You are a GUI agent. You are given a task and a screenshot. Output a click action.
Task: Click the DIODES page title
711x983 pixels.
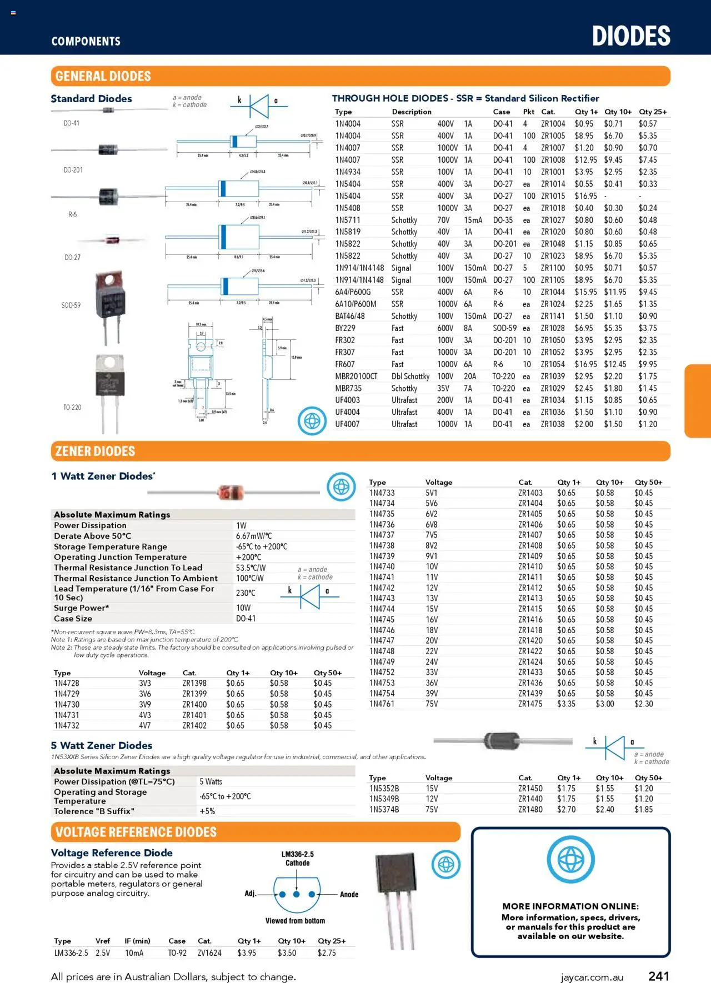pyautogui.click(x=631, y=36)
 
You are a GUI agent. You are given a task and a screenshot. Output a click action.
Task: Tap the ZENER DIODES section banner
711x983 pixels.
pyautogui.click(x=95, y=451)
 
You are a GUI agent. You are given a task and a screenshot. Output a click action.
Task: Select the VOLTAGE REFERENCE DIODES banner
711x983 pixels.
pyautogui.click(x=136, y=832)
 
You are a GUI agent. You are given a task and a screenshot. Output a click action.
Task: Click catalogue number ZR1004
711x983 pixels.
pyautogui.click(x=553, y=124)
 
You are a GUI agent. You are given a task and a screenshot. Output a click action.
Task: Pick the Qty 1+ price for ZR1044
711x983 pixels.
pyautogui.click(x=586, y=292)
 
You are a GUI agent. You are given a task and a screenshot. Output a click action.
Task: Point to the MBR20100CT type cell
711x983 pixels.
pyautogui.click(x=356, y=377)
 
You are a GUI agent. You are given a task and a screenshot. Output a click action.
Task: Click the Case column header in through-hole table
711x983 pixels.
pyautogui.click(x=501, y=112)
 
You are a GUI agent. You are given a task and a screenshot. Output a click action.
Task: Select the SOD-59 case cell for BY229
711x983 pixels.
pyautogui.click(x=504, y=328)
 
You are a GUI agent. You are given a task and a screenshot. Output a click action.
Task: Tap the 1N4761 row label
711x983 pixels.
pyautogui.click(x=382, y=704)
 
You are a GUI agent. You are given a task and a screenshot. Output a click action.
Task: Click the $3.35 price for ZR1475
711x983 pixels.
pyautogui.click(x=566, y=704)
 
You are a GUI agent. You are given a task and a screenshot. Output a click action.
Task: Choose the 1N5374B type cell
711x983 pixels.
pyautogui.click(x=384, y=810)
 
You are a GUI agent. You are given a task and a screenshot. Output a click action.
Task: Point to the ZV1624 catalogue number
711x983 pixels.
pyautogui.click(x=209, y=953)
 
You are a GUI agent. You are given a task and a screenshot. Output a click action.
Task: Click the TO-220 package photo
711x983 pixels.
pyautogui.click(x=109, y=392)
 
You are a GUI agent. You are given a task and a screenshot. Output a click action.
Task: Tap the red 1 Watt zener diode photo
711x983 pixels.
pyautogui.click(x=231, y=492)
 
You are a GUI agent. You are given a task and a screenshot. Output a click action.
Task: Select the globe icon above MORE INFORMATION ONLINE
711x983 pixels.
pyautogui.click(x=570, y=860)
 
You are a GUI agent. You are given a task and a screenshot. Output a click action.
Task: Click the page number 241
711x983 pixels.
pyautogui.click(x=659, y=976)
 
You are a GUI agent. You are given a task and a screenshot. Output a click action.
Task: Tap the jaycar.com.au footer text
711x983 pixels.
pyautogui.click(x=592, y=977)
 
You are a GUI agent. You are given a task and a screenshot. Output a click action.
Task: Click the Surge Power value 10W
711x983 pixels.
pyautogui.click(x=243, y=608)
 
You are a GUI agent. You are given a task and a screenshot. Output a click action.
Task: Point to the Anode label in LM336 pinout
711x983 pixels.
pyautogui.click(x=349, y=894)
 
